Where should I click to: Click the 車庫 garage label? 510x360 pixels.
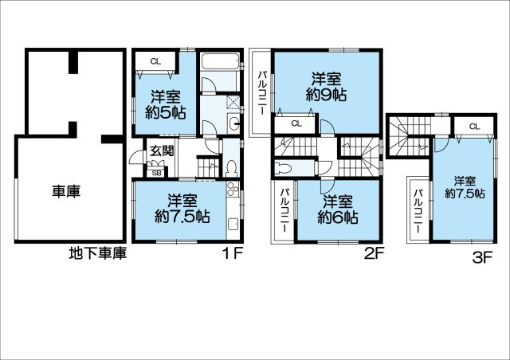(x=66, y=191)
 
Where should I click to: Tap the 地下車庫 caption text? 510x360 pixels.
(x=97, y=253)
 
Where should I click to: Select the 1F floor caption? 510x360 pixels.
(x=233, y=253)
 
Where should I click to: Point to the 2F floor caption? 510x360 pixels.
(x=374, y=253)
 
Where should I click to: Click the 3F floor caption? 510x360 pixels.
(x=482, y=258)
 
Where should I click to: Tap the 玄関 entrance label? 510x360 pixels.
(x=162, y=151)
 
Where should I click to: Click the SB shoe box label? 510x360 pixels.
(x=156, y=174)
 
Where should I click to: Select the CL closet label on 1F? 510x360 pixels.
(x=156, y=61)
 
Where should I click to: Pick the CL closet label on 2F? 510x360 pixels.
(x=296, y=123)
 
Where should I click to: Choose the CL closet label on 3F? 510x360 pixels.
(x=475, y=127)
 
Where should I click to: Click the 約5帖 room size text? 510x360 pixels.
(x=165, y=112)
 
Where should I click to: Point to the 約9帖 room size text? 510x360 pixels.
(x=326, y=95)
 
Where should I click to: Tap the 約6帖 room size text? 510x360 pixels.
(x=338, y=217)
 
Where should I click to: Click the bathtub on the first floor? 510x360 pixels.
(x=220, y=61)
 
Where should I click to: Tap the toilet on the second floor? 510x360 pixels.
(x=283, y=168)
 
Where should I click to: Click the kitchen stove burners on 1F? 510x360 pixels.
(x=232, y=189)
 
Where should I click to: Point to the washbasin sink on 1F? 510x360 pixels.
(x=233, y=123)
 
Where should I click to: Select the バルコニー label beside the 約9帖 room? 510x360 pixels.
(x=262, y=93)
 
